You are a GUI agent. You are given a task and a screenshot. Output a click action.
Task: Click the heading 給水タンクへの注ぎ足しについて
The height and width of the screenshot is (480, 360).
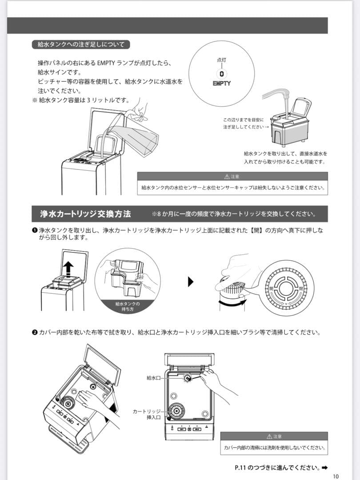[x=81, y=44]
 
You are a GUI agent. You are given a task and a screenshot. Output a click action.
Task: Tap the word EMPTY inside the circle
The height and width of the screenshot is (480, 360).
[x=221, y=83]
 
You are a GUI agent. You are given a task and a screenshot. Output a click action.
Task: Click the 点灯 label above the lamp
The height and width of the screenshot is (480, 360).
[x=221, y=60]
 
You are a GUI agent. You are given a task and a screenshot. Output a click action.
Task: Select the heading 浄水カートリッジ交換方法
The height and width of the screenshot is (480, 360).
[x=85, y=214]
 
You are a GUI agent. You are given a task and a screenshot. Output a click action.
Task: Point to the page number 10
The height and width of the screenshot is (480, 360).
[x=336, y=476]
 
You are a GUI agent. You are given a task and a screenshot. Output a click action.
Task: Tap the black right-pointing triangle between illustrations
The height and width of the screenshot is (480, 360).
[x=192, y=281]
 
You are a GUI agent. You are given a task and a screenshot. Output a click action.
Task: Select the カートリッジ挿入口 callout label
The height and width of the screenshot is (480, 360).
[x=147, y=415]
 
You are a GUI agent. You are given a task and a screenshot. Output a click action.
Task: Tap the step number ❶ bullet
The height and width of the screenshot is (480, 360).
[x=34, y=230]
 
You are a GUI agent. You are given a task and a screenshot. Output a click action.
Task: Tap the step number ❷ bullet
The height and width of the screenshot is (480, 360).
[x=34, y=332]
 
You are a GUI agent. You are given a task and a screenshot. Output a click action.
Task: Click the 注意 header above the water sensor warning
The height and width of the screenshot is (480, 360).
[x=232, y=176]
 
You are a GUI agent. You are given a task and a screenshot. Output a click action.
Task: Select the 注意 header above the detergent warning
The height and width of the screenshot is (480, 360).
[x=274, y=436]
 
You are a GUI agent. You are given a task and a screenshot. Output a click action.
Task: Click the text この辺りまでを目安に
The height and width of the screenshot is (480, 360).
[x=243, y=120]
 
